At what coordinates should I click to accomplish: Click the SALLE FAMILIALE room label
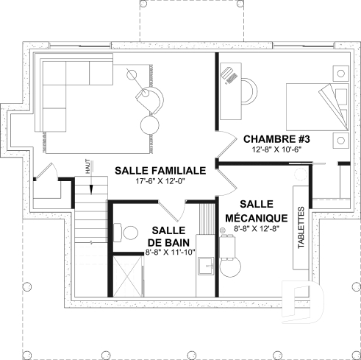click(160, 169)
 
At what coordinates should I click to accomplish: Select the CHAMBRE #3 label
click(276, 138)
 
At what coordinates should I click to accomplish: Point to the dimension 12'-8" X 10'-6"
click(276, 149)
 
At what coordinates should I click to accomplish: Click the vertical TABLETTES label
click(301, 228)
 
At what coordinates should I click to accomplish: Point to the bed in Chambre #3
click(309, 107)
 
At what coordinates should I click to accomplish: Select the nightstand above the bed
click(340, 74)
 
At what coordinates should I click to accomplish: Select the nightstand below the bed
click(340, 140)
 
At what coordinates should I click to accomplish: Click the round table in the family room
click(150, 121)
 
